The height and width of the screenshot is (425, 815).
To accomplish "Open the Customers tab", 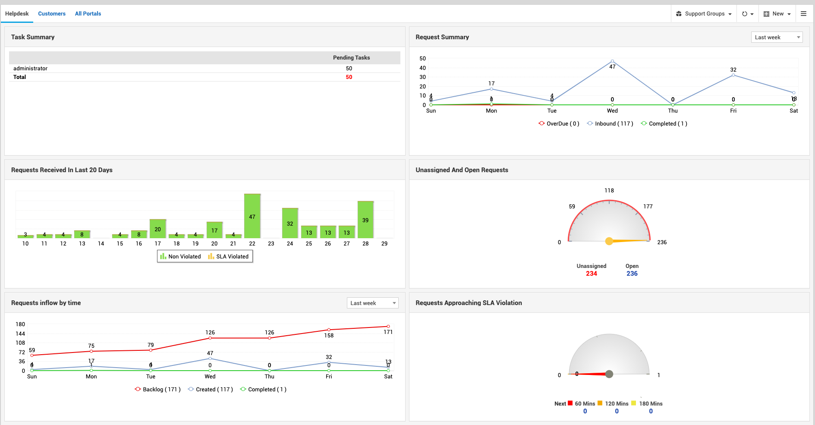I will pyautogui.click(x=52, y=14).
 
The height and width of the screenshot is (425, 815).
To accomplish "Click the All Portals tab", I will pyautogui.click(x=88, y=14).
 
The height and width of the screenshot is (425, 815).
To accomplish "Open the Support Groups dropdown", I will pyautogui.click(x=704, y=14).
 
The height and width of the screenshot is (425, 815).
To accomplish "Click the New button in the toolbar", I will pyautogui.click(x=777, y=14).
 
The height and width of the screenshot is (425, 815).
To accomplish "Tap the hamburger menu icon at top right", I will pyautogui.click(x=803, y=14).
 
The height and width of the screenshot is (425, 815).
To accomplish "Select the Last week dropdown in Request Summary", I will pyautogui.click(x=776, y=38).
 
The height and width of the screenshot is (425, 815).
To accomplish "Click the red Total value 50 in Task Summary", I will pyautogui.click(x=349, y=77).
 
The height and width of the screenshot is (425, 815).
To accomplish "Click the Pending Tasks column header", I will pyautogui.click(x=351, y=58).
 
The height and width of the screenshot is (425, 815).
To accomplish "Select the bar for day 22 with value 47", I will pyautogui.click(x=252, y=216).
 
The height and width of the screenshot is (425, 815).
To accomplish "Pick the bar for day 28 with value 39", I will pyautogui.click(x=365, y=220).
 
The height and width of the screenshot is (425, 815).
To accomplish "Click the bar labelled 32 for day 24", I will pyautogui.click(x=290, y=223).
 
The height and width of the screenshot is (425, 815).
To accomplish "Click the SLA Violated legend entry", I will pyautogui.click(x=228, y=257).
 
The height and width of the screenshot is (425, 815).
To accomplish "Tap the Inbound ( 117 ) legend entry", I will pyautogui.click(x=610, y=124).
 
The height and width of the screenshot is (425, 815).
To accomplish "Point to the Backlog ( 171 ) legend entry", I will pyautogui.click(x=158, y=390).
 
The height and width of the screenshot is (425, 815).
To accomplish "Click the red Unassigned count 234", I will pyautogui.click(x=591, y=274).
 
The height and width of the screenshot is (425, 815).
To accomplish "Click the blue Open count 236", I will pyautogui.click(x=632, y=274).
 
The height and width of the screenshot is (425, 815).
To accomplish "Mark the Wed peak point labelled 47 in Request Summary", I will pyautogui.click(x=612, y=61).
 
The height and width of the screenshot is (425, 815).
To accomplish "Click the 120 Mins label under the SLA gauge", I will pyautogui.click(x=616, y=404).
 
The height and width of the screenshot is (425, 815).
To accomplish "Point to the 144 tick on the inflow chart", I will pyautogui.click(x=20, y=334).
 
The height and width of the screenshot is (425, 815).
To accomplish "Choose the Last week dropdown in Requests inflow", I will pyautogui.click(x=372, y=303).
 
